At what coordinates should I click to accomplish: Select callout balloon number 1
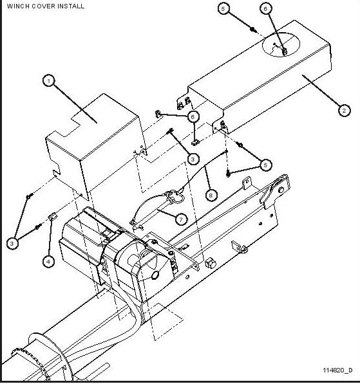(x=48, y=81)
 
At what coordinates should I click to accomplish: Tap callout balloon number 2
(x=345, y=110)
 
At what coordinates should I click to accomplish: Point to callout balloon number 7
(x=182, y=219)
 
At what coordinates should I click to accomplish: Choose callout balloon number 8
(x=210, y=192)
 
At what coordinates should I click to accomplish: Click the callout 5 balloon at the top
(x=223, y=8)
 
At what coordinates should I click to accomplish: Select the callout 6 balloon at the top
(x=266, y=8)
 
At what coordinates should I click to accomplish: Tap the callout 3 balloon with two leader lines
(x=12, y=242)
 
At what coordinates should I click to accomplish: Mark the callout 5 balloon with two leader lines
(x=266, y=165)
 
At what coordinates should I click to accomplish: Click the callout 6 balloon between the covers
(x=193, y=116)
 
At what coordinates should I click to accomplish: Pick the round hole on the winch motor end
(x=155, y=275)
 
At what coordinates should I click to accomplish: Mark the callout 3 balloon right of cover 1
(x=193, y=158)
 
